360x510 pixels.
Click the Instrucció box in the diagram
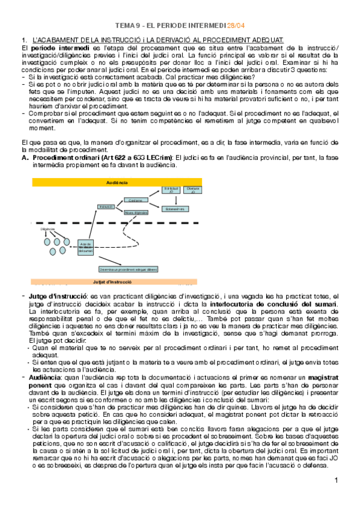click(106, 206)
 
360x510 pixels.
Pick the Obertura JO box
click(193, 189)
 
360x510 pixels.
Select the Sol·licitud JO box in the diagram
click(171, 189)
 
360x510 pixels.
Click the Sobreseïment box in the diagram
click(174, 209)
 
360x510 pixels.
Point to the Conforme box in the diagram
click(136, 200)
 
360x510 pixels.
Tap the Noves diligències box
click(136, 212)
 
